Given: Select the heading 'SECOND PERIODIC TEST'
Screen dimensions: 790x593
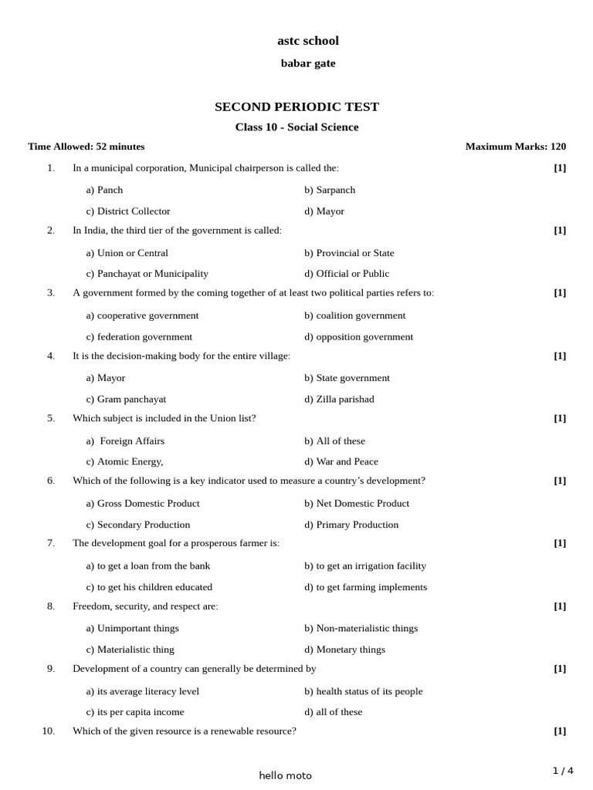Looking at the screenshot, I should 296,106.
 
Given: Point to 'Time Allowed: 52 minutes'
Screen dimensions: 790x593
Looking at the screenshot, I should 86,147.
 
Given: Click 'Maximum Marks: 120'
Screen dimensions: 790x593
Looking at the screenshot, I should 515,147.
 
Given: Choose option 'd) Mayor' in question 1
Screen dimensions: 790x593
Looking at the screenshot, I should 324,211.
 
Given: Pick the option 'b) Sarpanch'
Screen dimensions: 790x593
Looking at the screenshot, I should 330,190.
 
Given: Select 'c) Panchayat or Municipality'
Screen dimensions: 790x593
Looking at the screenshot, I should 147,273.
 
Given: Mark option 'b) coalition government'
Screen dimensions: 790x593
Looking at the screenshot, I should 354,315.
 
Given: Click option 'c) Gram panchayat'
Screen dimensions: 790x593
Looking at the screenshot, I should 126,399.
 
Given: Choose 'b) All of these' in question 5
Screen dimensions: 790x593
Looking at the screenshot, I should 334,441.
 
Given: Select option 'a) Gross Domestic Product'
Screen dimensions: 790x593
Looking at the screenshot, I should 143,503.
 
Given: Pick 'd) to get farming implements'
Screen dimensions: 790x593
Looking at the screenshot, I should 365,586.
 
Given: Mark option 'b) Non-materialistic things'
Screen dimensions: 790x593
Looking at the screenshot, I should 361,628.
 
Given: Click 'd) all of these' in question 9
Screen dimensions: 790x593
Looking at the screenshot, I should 333,711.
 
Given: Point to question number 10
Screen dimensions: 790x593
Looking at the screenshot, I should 49,731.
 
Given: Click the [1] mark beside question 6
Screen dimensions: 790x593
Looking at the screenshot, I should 560,481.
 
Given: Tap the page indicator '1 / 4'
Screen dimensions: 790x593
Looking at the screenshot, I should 563,770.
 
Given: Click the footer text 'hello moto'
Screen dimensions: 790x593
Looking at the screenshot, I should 286,775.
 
